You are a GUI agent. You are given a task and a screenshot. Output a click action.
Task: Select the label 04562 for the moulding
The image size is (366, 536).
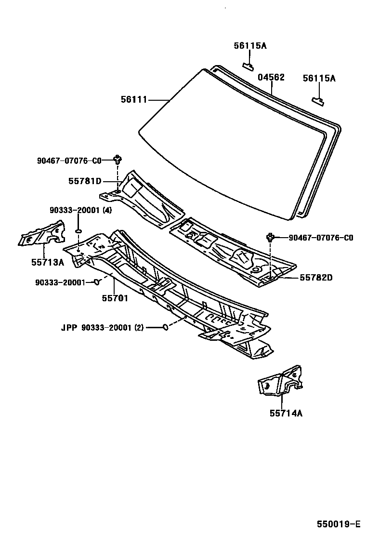(271, 77)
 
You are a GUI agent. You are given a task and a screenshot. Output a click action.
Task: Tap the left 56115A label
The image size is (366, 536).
(250, 46)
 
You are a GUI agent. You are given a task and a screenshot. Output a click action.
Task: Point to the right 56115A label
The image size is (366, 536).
(319, 78)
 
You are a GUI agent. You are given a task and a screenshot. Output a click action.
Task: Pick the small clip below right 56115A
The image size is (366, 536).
(317, 100)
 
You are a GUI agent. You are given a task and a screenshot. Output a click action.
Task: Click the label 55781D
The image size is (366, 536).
(85, 181)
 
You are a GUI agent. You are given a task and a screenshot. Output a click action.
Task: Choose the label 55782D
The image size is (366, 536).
(316, 277)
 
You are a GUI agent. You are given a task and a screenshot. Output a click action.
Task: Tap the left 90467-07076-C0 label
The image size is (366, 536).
(69, 161)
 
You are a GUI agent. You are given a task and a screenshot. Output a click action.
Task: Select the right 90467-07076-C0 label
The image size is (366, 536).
(321, 238)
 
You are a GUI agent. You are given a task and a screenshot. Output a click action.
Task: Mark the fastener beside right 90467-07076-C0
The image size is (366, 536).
(271, 237)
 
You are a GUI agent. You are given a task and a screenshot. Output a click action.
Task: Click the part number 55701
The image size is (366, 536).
(115, 298)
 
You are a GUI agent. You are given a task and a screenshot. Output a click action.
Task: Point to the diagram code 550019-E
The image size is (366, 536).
(339, 524)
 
